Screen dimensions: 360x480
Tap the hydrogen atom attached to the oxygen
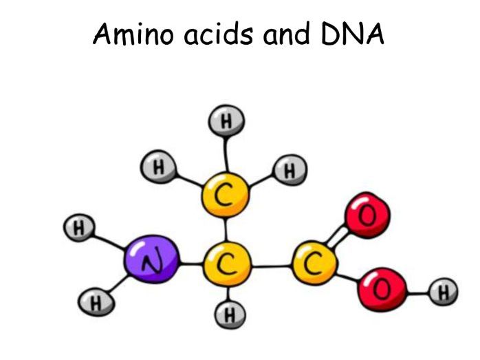[443, 293]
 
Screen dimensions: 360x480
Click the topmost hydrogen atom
[227, 123]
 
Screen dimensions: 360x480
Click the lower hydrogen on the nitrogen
[94, 301]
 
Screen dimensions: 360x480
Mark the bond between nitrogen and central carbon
[189, 264]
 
